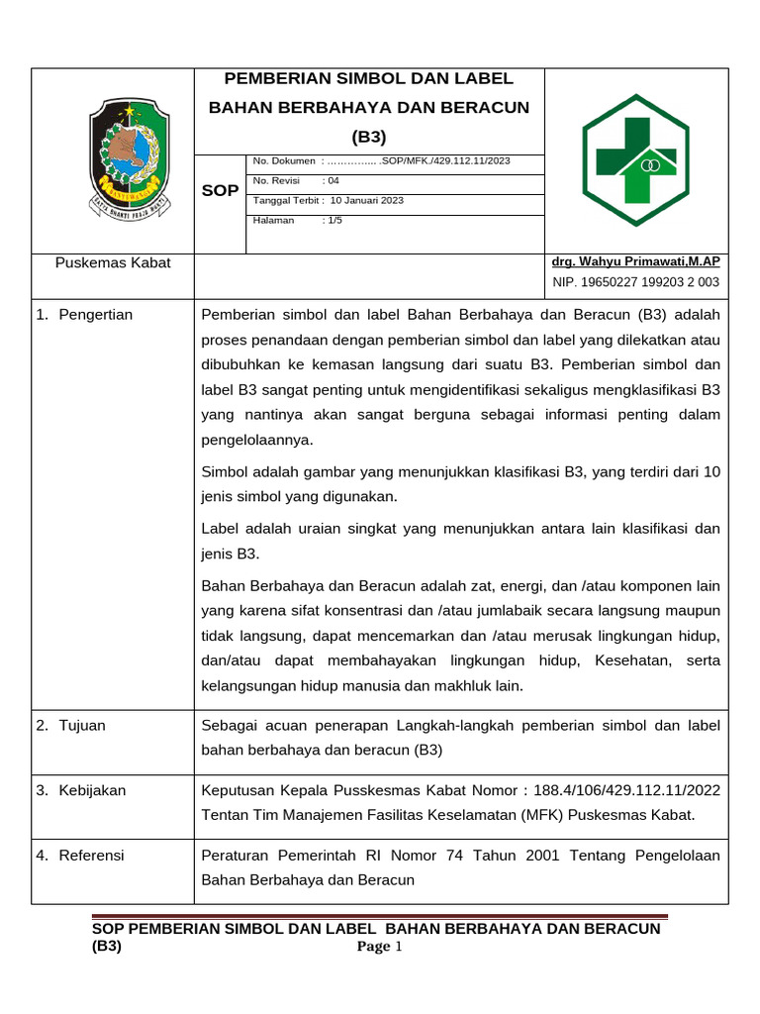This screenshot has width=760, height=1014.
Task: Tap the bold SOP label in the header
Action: [220, 190]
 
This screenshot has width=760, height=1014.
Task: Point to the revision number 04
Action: [332, 180]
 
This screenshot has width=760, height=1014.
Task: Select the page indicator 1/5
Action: [332, 220]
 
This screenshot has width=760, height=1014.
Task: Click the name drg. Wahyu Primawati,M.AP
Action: [635, 261]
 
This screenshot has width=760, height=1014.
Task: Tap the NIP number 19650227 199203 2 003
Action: [654, 282]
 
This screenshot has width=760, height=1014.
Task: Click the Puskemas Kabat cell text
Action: [113, 262]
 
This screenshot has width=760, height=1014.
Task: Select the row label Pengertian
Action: [95, 315]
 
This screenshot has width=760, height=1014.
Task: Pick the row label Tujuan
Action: [82, 725]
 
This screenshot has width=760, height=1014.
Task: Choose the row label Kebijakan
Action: [92, 789]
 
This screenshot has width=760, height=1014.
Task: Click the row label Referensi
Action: [91, 855]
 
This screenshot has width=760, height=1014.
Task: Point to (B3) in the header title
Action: [369, 136]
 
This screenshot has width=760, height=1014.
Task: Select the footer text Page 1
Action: [380, 948]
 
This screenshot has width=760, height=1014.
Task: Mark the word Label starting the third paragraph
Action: [220, 528]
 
